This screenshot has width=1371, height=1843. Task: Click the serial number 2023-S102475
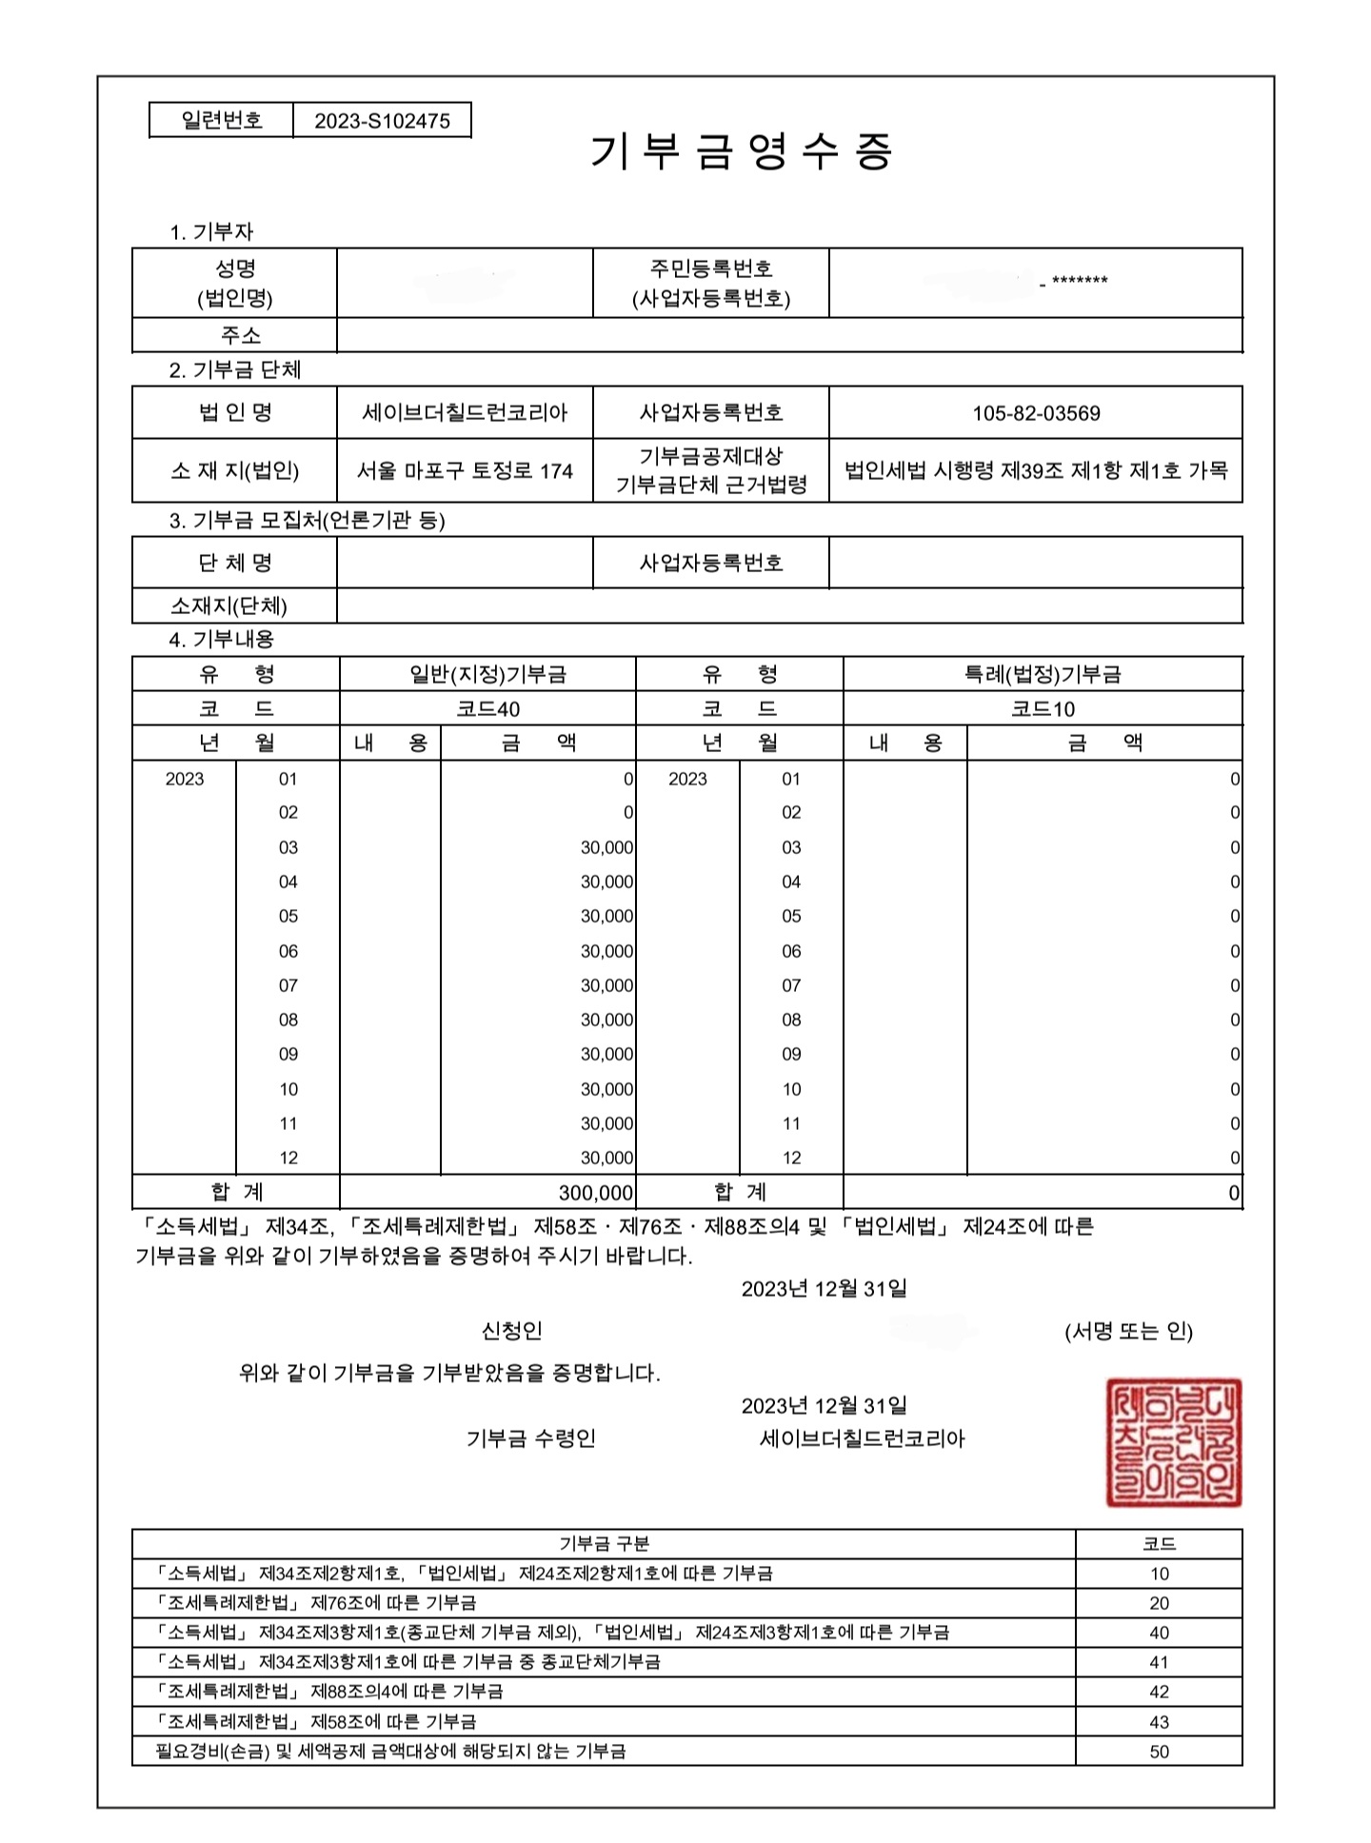382,121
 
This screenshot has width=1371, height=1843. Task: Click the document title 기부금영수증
742,151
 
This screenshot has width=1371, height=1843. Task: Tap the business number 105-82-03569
1036,413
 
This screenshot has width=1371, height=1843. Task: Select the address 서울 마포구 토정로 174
465,470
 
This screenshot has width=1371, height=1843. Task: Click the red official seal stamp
1174,1442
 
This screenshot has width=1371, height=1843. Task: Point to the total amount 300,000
596,1193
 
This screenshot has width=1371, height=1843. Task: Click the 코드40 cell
487,709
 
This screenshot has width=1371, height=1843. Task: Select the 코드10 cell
1043,709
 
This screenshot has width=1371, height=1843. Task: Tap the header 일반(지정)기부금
487,674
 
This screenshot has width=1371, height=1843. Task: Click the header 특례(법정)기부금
1043,674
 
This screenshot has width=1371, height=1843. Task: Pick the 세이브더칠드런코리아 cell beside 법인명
465,413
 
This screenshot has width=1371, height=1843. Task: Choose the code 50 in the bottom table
1159,1752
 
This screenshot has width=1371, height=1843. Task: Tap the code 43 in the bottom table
1159,1722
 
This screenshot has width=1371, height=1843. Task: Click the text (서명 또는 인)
1128,1331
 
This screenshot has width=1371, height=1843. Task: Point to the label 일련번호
222,120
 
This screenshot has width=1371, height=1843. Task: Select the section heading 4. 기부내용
221,639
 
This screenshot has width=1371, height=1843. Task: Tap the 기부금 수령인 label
530,1437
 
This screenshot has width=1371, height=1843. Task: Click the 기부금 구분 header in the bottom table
604,1543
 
